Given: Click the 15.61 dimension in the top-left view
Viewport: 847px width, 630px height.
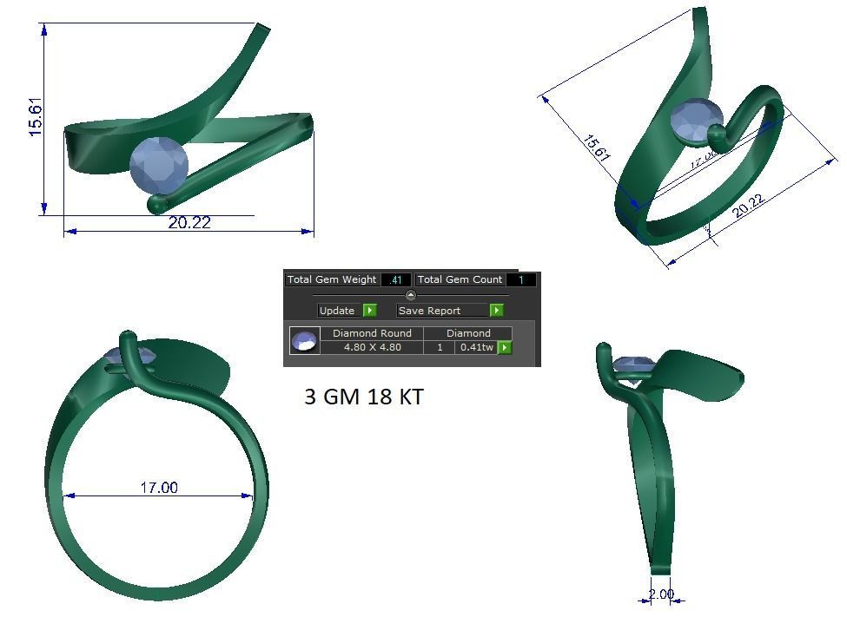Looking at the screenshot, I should (36, 116).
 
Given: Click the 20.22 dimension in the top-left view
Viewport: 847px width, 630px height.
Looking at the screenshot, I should (189, 223).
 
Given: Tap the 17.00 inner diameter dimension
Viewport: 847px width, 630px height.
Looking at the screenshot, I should (158, 488).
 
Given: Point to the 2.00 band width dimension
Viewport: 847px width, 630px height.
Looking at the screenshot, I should (661, 594).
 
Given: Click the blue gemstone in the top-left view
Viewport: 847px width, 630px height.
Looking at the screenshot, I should (158, 165).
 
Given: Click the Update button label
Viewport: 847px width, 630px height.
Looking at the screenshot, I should (337, 311).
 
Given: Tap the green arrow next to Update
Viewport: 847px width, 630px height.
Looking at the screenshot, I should (370, 311).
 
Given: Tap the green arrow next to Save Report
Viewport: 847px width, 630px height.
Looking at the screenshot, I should (497, 311).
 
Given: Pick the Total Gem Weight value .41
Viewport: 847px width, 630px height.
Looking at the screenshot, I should (396, 280).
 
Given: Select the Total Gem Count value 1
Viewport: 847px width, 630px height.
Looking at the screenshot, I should (521, 280).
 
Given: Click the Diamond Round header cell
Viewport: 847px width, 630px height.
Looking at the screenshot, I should (372, 333).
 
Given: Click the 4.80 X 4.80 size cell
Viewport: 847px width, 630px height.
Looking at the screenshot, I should (372, 347).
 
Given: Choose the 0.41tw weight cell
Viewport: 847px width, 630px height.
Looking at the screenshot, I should (476, 347).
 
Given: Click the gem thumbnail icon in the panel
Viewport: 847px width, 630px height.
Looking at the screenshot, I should (304, 341).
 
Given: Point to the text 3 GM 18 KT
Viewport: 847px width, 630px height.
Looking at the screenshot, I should (364, 397).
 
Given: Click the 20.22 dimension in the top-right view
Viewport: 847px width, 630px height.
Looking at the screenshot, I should (748, 207).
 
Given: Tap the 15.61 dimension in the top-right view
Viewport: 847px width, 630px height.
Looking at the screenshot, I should (596, 148).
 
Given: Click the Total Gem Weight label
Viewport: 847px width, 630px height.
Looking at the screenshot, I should (332, 279).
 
